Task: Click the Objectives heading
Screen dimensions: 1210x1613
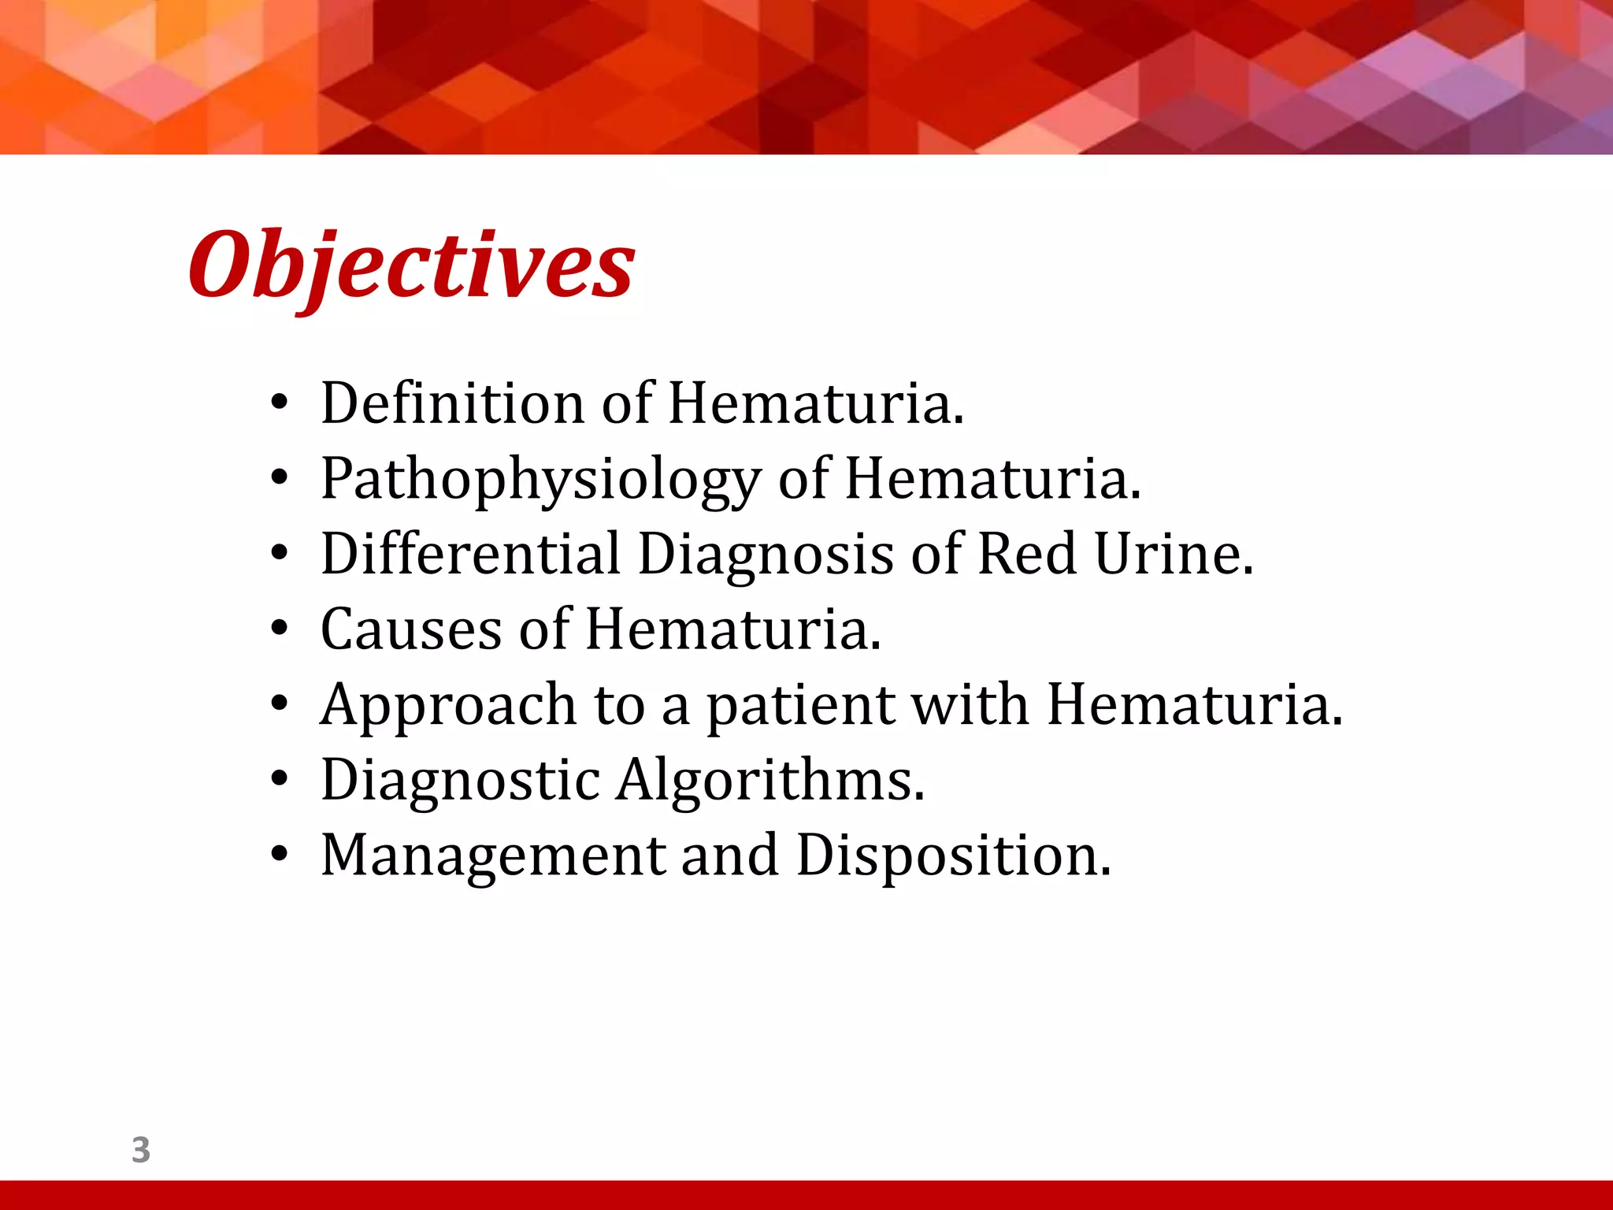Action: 411,265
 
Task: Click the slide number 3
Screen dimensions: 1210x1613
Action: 141,1150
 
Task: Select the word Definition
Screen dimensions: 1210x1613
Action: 452,403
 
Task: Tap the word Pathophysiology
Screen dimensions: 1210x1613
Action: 540,480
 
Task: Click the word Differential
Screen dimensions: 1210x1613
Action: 470,554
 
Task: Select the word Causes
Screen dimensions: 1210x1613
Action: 410,629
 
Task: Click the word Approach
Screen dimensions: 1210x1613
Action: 447,706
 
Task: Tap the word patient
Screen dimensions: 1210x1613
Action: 799,706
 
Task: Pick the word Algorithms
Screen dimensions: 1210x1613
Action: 769,780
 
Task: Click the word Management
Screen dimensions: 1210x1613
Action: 493,856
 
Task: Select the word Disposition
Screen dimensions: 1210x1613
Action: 952,856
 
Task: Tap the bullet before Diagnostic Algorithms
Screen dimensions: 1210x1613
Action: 280,780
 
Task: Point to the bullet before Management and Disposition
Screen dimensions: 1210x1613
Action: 280,856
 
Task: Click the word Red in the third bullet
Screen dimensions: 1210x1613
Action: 1026,554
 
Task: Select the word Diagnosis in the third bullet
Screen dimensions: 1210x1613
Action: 765,555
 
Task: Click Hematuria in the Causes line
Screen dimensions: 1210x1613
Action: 732,629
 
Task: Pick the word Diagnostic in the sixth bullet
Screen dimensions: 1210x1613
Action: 461,780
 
